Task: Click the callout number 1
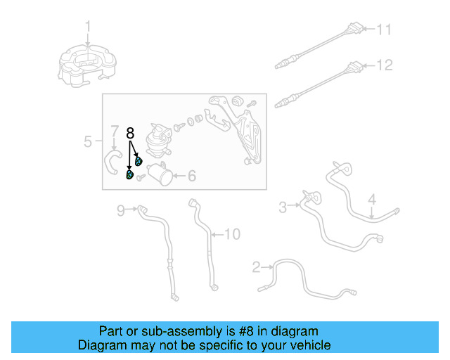click(x=89, y=27)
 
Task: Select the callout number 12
click(x=384, y=65)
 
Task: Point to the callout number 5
click(x=88, y=142)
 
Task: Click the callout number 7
click(x=114, y=131)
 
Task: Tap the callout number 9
click(x=120, y=210)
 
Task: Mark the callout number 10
click(x=232, y=233)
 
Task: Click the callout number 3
click(x=283, y=207)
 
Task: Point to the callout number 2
click(x=257, y=266)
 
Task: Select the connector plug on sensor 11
click(x=358, y=30)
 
